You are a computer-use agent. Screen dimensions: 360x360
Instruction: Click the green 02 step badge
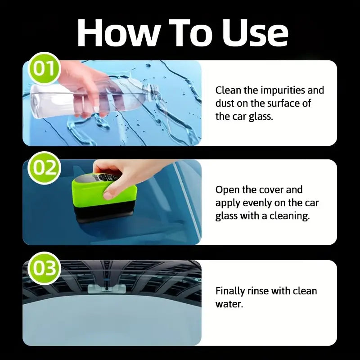point(44,168)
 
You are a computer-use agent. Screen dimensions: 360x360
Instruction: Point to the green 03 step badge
point(44,269)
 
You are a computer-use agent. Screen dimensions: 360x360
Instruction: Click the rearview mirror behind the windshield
point(106,288)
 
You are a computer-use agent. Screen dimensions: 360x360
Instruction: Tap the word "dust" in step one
point(225,103)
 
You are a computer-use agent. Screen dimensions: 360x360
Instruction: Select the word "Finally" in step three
point(231,291)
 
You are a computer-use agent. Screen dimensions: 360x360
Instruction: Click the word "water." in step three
point(229,304)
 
